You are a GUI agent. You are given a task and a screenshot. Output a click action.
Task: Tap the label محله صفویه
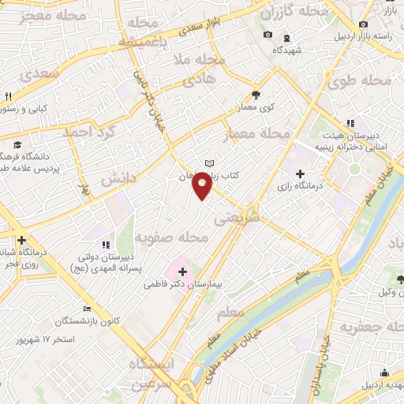tap(170, 237)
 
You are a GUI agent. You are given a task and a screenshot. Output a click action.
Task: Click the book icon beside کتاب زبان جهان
tap(209, 163)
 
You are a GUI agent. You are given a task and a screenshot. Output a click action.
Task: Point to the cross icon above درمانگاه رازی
tap(300, 173)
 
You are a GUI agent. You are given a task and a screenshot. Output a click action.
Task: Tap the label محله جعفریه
tap(371, 327)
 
